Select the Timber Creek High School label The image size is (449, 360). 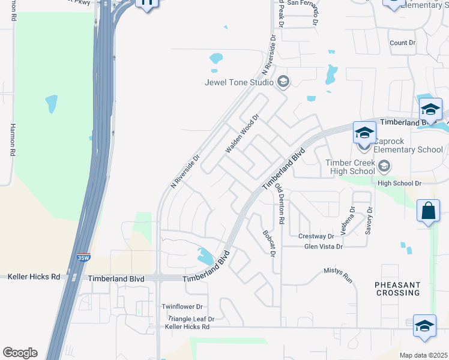coord(350,167)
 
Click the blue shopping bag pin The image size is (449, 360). coord(428,212)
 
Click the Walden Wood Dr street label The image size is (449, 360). coord(241,134)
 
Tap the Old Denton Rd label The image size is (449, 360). coord(280,203)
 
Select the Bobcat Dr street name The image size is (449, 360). coord(268,244)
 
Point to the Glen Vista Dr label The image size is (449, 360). coord(324,247)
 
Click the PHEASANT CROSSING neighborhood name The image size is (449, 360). coord(397,288)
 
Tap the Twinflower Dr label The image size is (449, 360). coord(184,307)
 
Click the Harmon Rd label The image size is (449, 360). coord(12,140)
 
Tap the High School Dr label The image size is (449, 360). coord(401,182)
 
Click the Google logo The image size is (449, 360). coord(20,353)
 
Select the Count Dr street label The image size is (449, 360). coord(402,43)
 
